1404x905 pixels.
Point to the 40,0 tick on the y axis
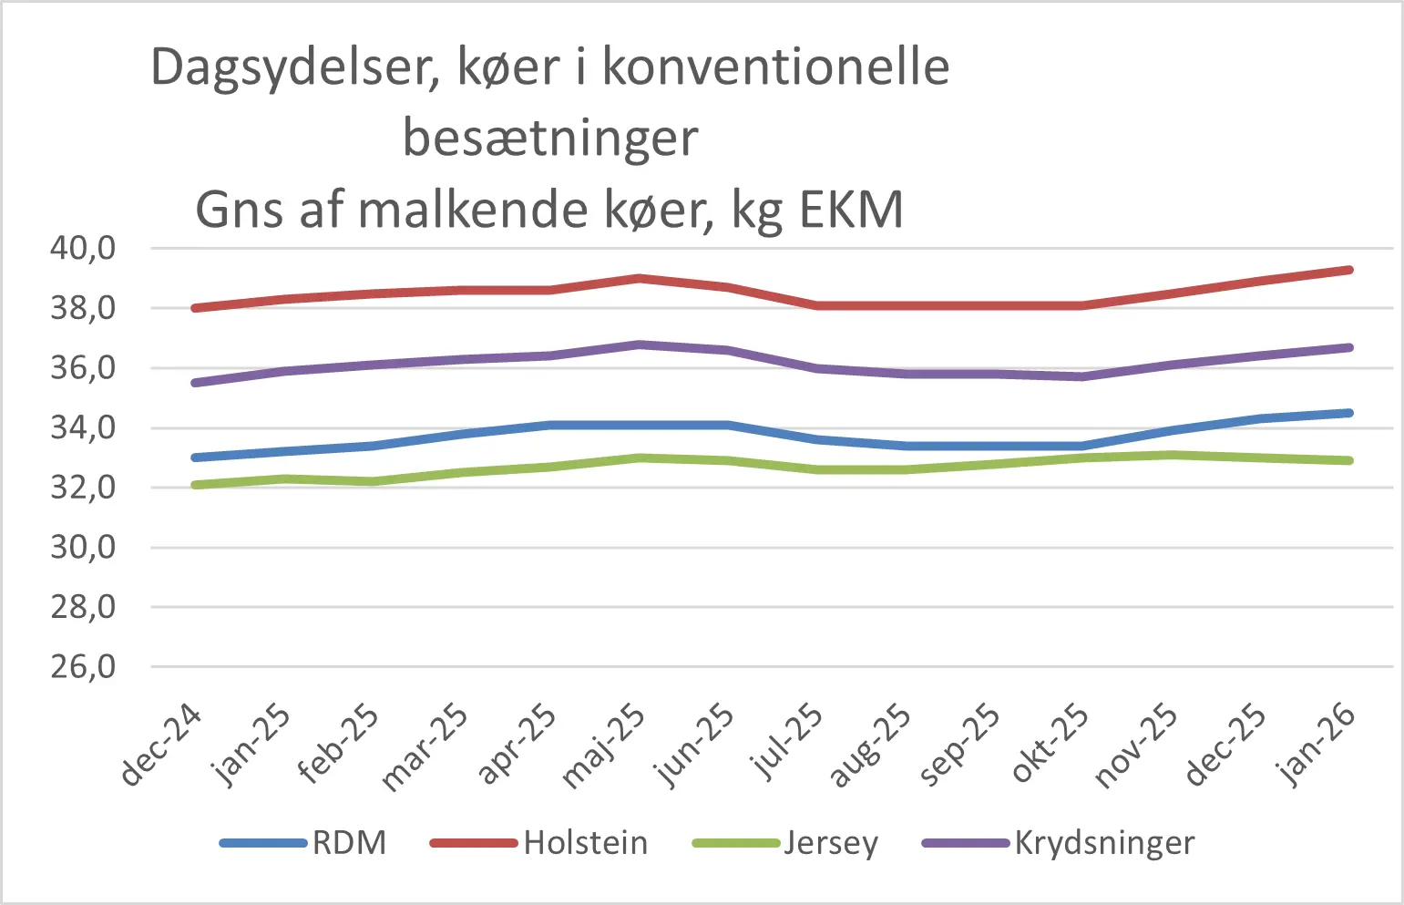[x=83, y=248]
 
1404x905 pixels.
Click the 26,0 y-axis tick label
[x=83, y=667]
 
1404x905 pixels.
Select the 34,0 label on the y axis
[x=83, y=427]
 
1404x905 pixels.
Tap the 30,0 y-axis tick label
[x=83, y=548]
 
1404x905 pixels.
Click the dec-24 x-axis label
[x=162, y=745]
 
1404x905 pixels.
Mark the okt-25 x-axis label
[x=1050, y=744]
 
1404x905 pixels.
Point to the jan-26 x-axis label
[x=1317, y=745]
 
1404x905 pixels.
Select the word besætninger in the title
[x=550, y=139]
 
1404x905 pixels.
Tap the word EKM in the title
[x=851, y=210]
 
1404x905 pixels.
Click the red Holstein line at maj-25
[x=640, y=279]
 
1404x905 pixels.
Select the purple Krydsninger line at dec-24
[x=195, y=383]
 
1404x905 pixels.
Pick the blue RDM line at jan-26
[x=1348, y=413]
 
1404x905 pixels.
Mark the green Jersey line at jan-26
[x=1348, y=460]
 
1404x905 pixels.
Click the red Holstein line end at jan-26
[x=1348, y=270]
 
